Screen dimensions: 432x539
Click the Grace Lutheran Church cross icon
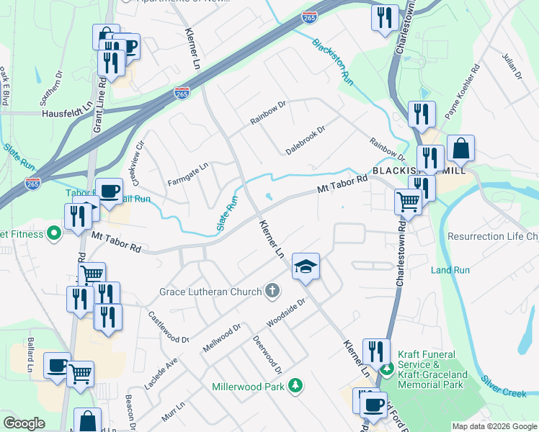[272, 292]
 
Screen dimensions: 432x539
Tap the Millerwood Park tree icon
[294, 387]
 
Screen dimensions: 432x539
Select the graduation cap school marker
[306, 266]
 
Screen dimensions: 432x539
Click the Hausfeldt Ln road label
[68, 112]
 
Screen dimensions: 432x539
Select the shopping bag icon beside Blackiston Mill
[460, 150]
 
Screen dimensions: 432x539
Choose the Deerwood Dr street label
[267, 354]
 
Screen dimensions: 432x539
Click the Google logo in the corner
[24, 423]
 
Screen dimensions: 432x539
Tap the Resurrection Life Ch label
[493, 236]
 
